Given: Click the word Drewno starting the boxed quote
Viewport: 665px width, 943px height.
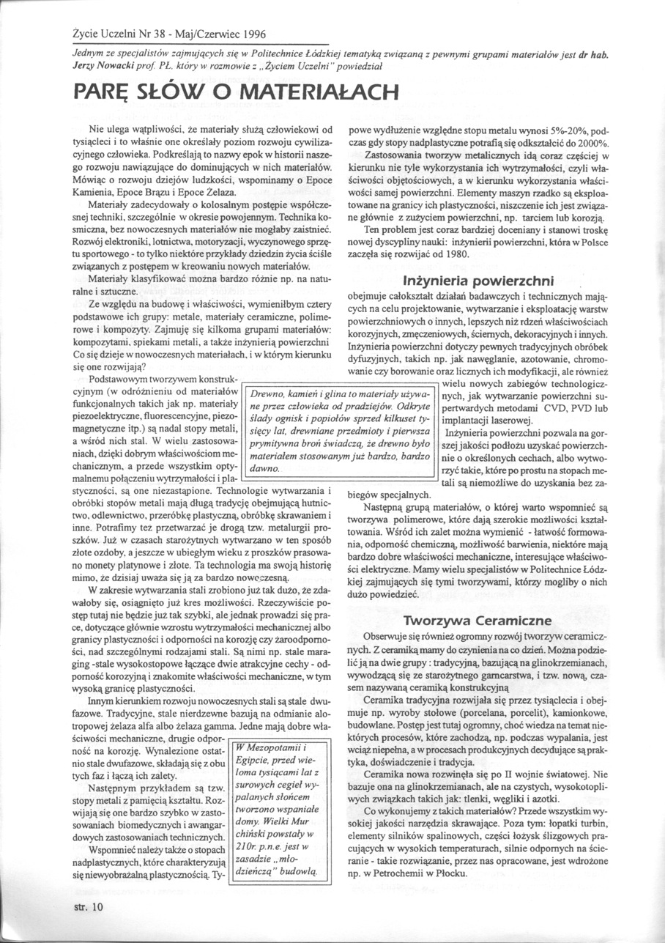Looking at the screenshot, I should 269,395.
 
